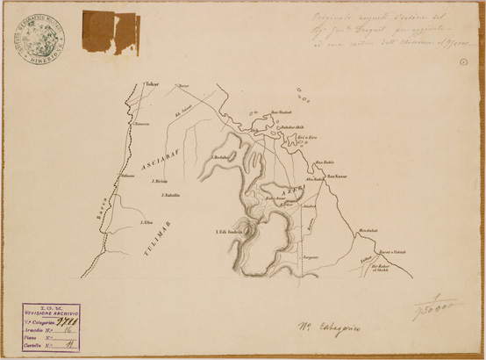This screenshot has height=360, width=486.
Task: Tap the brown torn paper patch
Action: coord(110,32)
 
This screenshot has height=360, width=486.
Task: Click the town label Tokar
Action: coord(154,85)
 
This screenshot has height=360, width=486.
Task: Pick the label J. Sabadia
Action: coord(171,194)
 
